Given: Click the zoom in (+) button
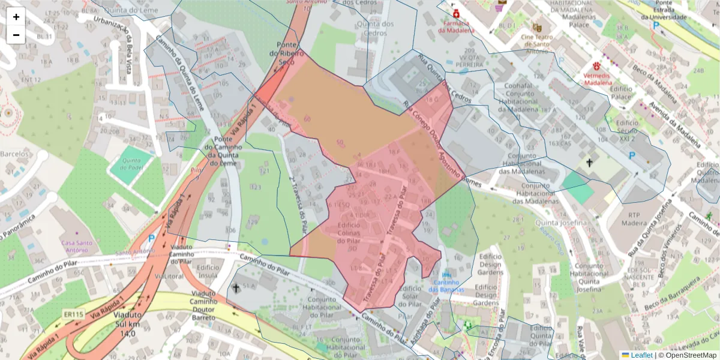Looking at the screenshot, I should point(16,17).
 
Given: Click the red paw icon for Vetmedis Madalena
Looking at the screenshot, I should point(597,66).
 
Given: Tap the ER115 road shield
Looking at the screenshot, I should point(73,314).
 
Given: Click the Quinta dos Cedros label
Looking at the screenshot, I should point(376,28).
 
